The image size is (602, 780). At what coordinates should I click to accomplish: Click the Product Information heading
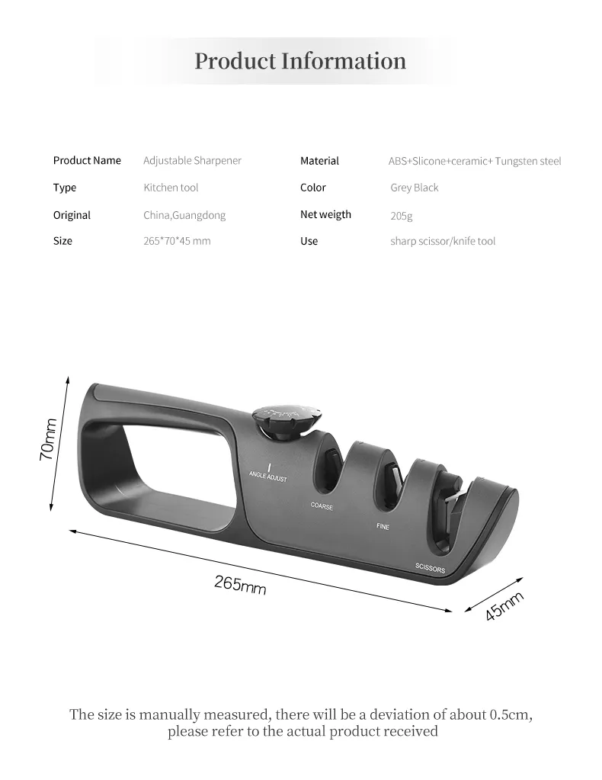(300, 61)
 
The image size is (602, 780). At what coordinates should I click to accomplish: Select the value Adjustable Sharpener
(192, 160)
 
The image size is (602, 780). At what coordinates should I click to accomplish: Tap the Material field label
(319, 161)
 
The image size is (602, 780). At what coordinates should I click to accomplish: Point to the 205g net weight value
(401, 216)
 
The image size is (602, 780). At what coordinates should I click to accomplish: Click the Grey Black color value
(414, 188)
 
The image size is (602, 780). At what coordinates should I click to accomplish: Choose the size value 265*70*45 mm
(177, 241)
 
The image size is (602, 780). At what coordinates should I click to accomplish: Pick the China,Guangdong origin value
(184, 215)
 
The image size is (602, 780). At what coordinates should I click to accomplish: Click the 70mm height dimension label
(49, 439)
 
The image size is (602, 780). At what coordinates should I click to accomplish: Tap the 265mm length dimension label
(240, 585)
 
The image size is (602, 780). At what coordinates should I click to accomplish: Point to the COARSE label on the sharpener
(322, 506)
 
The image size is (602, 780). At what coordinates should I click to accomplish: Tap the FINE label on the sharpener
(383, 526)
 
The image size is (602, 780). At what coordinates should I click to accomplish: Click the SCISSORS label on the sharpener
(431, 568)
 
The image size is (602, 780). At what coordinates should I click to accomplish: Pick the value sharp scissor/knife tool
(443, 241)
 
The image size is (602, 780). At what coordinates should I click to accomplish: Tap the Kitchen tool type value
(171, 188)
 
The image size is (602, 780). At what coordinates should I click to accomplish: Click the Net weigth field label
(325, 214)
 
